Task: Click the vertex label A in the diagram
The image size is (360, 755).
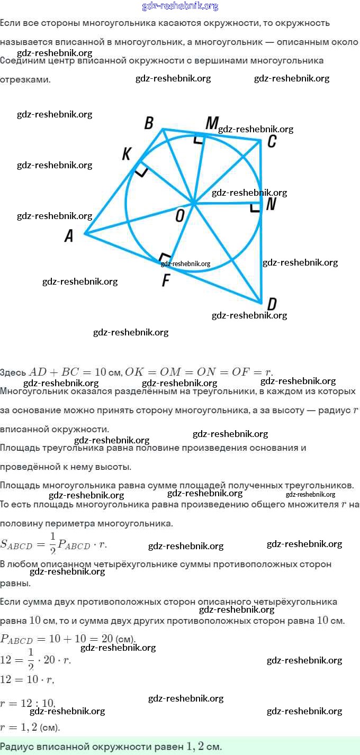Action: click(69, 236)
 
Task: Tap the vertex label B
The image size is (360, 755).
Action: click(149, 123)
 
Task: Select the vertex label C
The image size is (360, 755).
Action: click(272, 141)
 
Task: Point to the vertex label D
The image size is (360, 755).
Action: click(272, 304)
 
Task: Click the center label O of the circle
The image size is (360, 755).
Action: click(179, 215)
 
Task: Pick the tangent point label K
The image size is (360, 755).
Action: click(127, 154)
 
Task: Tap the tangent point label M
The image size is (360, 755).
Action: click(211, 123)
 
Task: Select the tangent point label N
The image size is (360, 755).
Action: click(271, 204)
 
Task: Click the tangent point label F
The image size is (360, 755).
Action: click(166, 280)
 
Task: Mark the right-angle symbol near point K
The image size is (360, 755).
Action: click(141, 171)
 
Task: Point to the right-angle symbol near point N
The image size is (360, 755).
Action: click(255, 207)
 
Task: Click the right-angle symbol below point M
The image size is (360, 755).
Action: click(198, 139)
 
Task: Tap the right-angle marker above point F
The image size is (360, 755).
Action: click(165, 258)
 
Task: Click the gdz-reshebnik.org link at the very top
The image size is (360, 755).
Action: click(180, 6)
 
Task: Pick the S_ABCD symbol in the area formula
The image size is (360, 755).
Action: click(16, 544)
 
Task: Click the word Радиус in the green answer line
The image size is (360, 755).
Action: click(17, 747)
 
